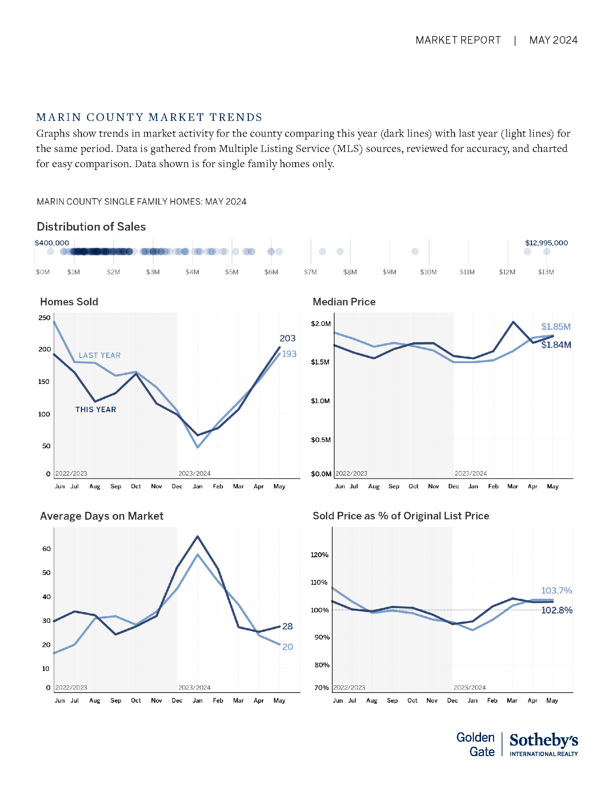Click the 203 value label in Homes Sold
click(287, 339)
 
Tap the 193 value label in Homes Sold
click(289, 354)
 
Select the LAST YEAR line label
click(100, 355)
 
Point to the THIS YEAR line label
click(96, 410)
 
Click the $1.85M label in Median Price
click(556, 327)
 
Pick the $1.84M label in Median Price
click(556, 345)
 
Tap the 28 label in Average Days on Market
click(287, 627)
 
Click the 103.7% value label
click(557, 590)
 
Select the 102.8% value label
click(557, 610)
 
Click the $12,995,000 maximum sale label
click(546, 243)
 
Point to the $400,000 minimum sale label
click(52, 243)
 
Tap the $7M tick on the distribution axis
click(310, 272)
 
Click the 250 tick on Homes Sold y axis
click(44, 318)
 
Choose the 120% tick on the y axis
click(319, 555)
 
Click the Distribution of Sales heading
click(91, 227)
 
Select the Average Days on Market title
click(101, 516)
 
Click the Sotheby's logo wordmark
click(544, 741)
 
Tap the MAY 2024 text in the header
click(553, 40)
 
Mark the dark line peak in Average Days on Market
click(198, 536)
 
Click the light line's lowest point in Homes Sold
click(198, 447)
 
